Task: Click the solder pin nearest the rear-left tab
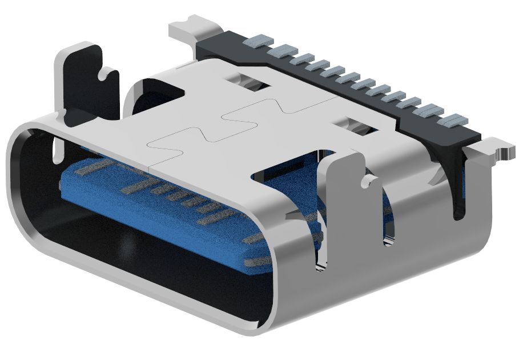coord(256,41)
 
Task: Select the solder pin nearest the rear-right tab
coord(455,120)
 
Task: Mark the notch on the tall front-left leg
coord(106,73)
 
